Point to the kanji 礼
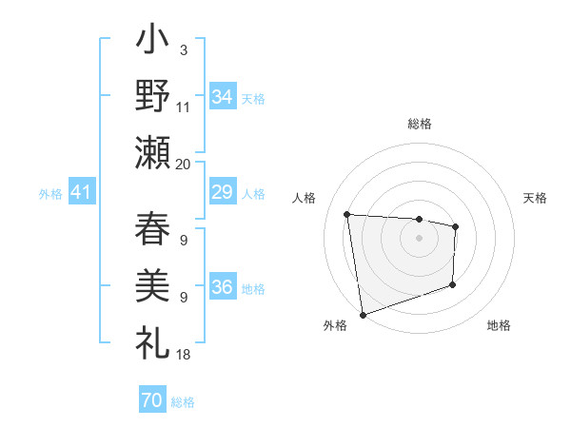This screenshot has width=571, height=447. [x=153, y=341]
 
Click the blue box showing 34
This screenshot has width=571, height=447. [x=222, y=95]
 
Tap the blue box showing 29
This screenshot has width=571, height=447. [x=222, y=192]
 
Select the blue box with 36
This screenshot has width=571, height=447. [x=222, y=287]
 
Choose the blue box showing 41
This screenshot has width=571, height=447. [x=81, y=193]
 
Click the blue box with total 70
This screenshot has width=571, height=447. [x=151, y=401]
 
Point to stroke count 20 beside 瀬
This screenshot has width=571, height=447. [x=184, y=164]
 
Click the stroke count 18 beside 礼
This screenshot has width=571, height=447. [x=184, y=354]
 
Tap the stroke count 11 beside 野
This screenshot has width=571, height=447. [x=184, y=107]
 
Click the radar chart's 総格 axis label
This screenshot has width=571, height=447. [x=420, y=124]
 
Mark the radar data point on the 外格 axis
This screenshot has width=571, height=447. [x=362, y=314]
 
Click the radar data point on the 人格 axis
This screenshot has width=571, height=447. [x=347, y=214]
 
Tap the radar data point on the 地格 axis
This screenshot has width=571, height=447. [x=453, y=284]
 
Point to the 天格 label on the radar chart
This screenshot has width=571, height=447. [x=535, y=198]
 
